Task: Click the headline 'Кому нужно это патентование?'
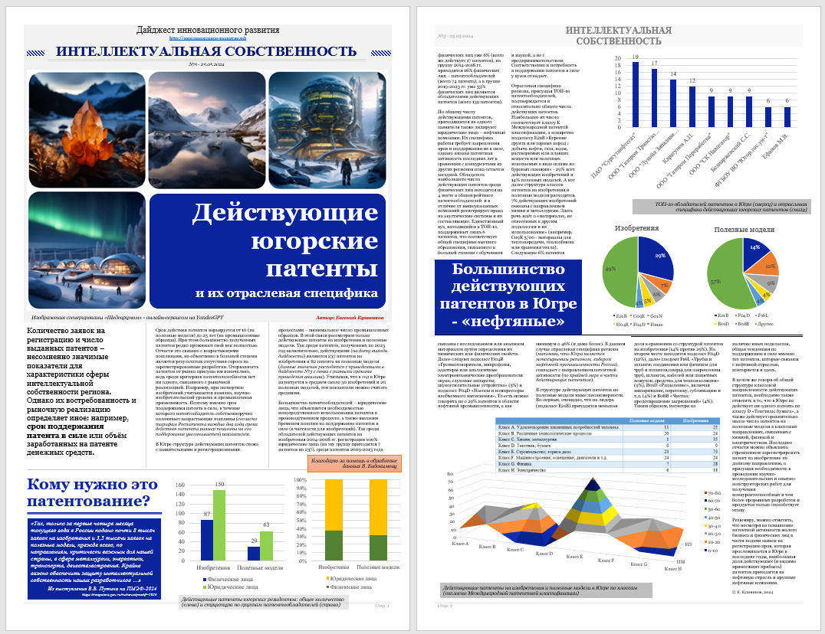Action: point(88,494)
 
